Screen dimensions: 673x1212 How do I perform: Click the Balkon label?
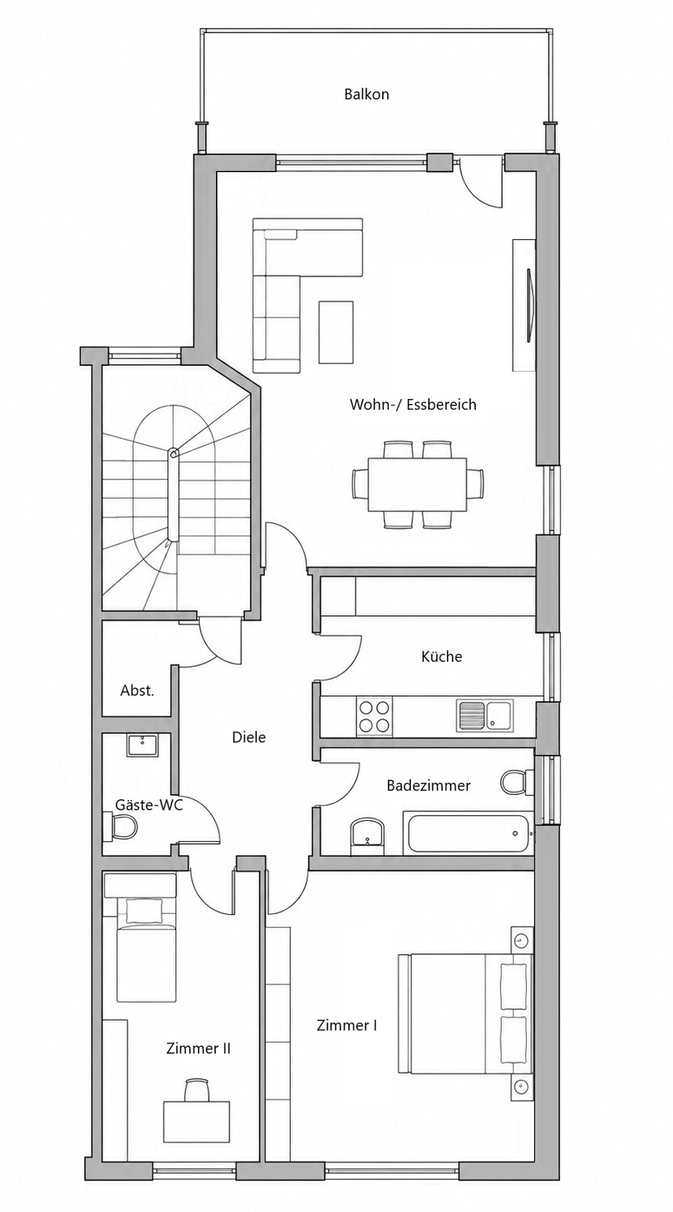click(x=366, y=95)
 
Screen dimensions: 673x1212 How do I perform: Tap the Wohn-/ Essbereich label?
click(x=413, y=404)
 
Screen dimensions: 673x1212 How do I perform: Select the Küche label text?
click(x=441, y=656)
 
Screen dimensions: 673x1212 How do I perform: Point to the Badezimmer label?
click(x=428, y=785)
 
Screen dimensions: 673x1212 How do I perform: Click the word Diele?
click(x=249, y=737)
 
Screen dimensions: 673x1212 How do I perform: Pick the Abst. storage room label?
click(x=137, y=690)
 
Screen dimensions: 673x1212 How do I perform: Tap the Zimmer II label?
click(x=198, y=1049)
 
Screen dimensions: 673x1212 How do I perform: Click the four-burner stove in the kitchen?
click(x=374, y=717)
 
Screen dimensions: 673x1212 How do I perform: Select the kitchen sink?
click(x=485, y=715)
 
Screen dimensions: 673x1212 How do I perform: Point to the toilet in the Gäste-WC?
click(x=120, y=827)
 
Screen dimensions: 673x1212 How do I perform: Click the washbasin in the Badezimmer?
click(x=368, y=836)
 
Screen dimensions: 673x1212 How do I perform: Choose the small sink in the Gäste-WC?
click(x=142, y=745)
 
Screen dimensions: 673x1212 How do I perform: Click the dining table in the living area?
click(x=417, y=484)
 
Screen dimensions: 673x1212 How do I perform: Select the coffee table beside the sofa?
click(x=336, y=332)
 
